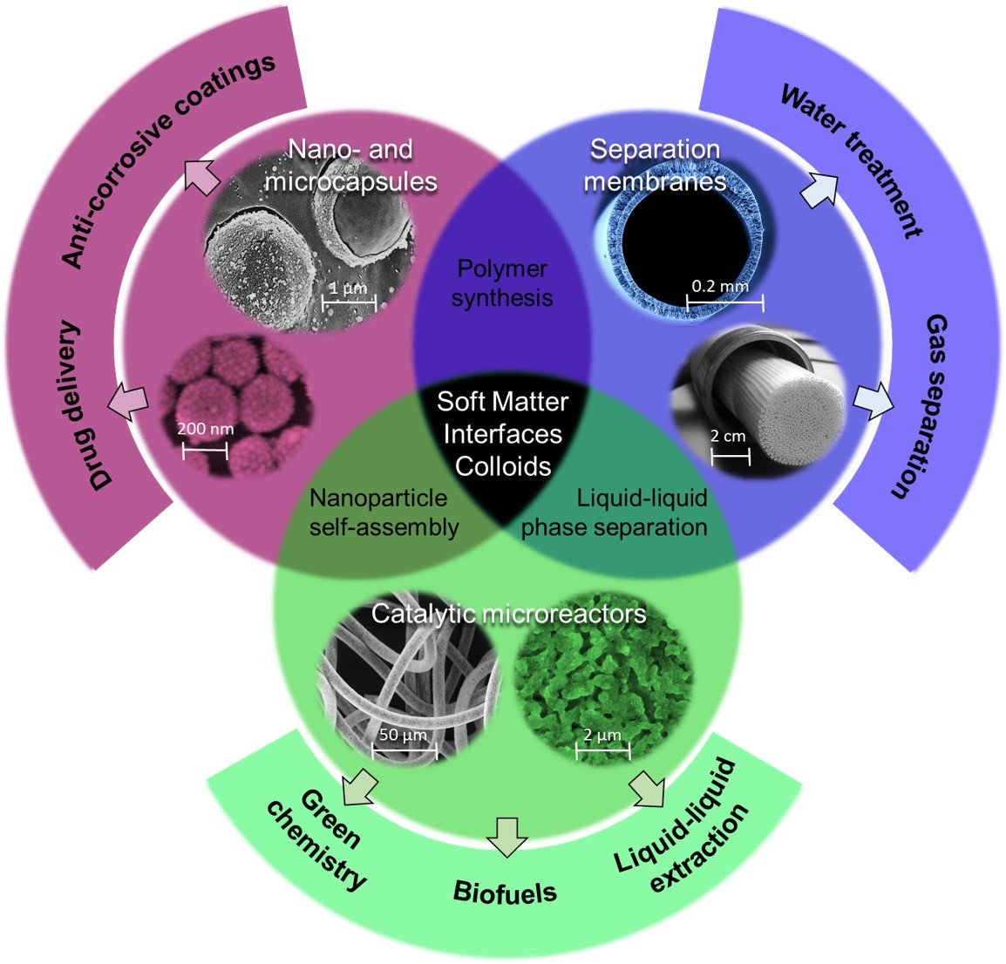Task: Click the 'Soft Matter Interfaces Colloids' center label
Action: tap(503, 433)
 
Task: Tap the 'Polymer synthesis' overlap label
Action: tap(502, 282)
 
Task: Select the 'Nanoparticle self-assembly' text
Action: tap(384, 513)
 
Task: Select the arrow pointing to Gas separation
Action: tap(873, 400)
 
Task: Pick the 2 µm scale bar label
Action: tap(602, 735)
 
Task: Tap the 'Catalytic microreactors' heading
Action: tap(508, 614)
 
